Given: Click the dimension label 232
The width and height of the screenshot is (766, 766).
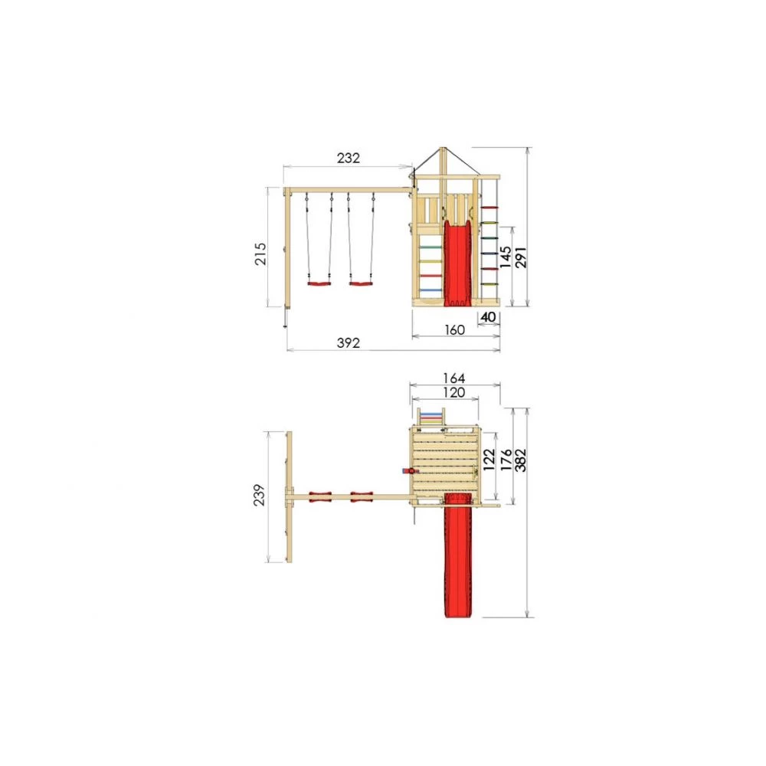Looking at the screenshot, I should coord(348,158).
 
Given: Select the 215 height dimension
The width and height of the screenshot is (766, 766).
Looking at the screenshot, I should coord(260,253).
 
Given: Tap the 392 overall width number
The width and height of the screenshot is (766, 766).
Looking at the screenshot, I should coord(348,342).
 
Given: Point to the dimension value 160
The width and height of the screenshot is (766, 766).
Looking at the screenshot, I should coord(455,329).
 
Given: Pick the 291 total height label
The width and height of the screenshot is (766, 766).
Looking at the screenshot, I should coord(520,256).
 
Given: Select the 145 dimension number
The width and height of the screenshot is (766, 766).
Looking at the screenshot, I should coord(506,256).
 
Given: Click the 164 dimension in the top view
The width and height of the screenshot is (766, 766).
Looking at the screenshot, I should coord(455,378).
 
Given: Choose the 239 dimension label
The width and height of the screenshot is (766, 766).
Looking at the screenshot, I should coord(260,496).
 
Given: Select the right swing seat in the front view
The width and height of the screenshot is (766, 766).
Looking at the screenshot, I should coord(360,284).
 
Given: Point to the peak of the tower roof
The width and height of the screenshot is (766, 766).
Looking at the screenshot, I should coord(443,149).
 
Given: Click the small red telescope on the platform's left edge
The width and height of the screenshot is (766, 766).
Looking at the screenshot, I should coord(408,471).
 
